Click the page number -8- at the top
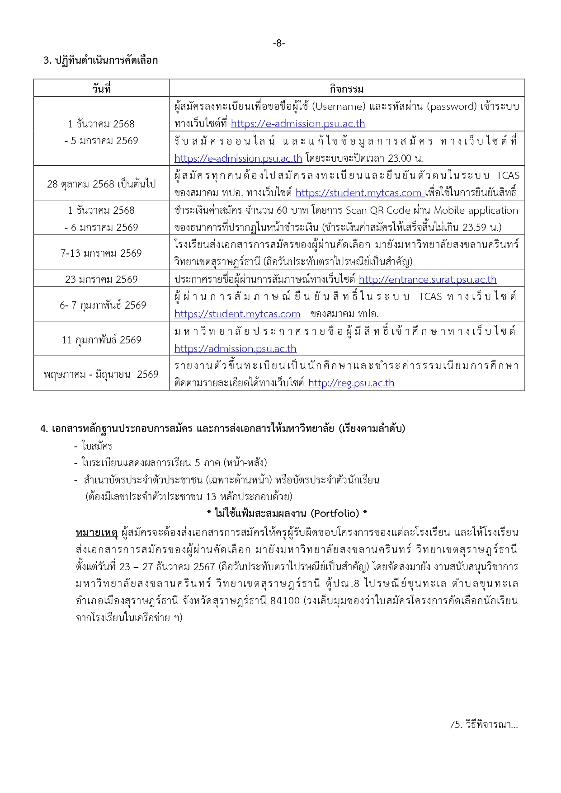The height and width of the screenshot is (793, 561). (279, 43)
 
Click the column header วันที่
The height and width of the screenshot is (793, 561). (101, 89)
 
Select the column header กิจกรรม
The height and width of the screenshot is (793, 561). (346, 89)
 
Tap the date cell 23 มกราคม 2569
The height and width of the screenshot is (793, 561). (101, 279)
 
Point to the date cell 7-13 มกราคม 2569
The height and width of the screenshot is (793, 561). (101, 253)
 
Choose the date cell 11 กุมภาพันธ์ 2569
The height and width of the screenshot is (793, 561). (101, 340)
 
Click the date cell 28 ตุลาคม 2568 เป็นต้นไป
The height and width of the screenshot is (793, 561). (101, 184)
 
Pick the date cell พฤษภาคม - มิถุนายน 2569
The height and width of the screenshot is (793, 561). (101, 374)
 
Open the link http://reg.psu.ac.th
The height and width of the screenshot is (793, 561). (351, 383)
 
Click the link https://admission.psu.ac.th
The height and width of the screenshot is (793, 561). (235, 349)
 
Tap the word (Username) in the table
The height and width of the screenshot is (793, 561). (339, 107)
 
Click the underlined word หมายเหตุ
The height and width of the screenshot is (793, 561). (97, 533)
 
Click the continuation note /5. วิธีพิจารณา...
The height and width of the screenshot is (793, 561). (484, 725)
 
